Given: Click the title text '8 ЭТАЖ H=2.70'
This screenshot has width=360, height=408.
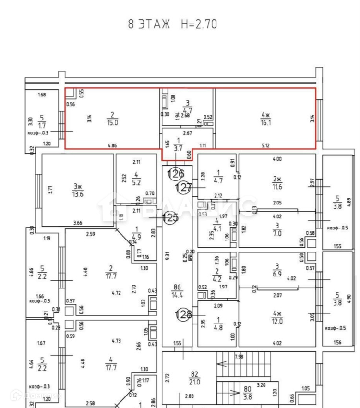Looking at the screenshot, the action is [x=172, y=24].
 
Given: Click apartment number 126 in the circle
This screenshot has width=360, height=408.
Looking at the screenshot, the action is [x=176, y=173].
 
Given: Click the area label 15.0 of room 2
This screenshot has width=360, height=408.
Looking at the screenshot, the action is [x=112, y=123].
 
